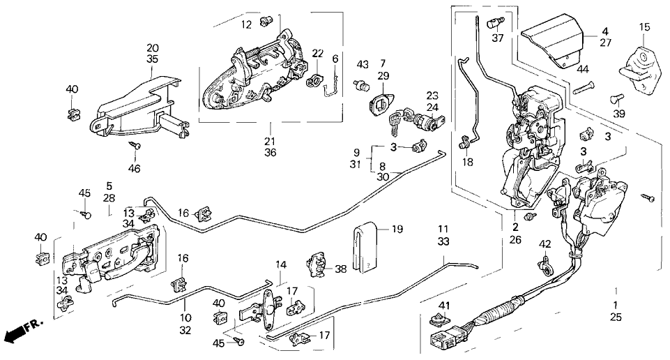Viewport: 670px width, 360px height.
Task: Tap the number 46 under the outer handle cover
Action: click(135, 169)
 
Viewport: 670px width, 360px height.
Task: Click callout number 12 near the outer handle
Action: click(246, 25)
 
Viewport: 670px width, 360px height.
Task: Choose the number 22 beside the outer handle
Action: click(317, 53)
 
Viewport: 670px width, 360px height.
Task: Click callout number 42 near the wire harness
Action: click(545, 243)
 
